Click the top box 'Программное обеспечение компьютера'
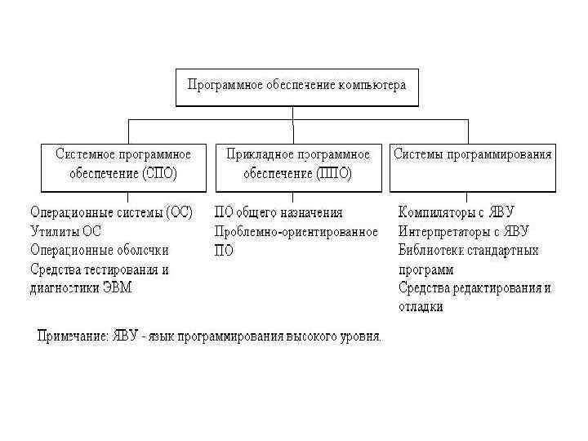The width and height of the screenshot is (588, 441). click(x=296, y=86)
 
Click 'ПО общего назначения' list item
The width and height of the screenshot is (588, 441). click(x=278, y=212)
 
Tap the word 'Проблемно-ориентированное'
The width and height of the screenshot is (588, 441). click(x=296, y=232)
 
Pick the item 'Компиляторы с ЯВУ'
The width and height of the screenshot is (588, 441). click(x=457, y=212)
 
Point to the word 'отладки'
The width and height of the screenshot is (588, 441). click(x=421, y=307)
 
